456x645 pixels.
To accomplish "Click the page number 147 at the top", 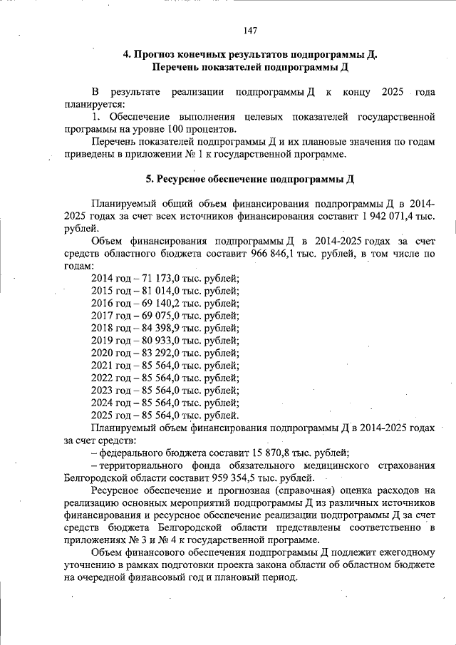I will pyautogui.click(x=249, y=30).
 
